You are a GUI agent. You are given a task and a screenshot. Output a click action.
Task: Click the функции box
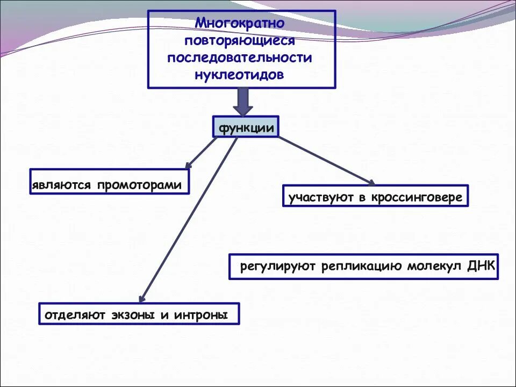pyautogui.click(x=246, y=128)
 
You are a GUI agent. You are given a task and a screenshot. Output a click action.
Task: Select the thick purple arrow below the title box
pyautogui.click(x=243, y=101)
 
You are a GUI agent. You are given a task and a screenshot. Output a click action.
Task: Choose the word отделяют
pyautogui.click(x=74, y=315)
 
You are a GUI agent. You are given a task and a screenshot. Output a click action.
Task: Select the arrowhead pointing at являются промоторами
pyautogui.click(x=188, y=165)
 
